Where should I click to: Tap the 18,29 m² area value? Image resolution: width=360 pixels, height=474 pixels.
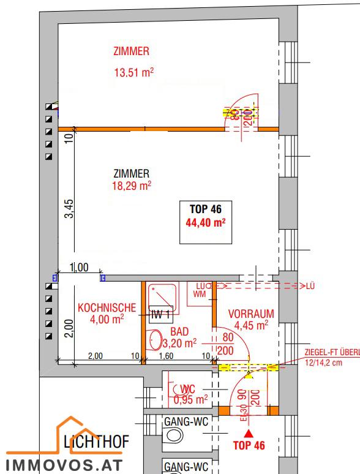click(x=131, y=184)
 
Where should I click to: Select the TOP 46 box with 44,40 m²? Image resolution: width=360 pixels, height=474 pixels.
click(x=206, y=215)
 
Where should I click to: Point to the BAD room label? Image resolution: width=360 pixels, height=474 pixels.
click(x=179, y=331)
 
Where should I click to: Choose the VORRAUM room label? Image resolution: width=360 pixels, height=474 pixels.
click(x=251, y=314)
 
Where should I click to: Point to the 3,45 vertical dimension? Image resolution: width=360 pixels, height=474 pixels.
click(x=70, y=209)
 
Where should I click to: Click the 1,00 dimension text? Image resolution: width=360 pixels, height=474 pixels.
click(x=79, y=267)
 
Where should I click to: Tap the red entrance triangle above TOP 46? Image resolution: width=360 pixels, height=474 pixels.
click(x=249, y=433)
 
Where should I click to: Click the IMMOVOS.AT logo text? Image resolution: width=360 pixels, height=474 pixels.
click(x=64, y=464)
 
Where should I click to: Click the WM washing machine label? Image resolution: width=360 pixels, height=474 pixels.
click(x=199, y=294)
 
